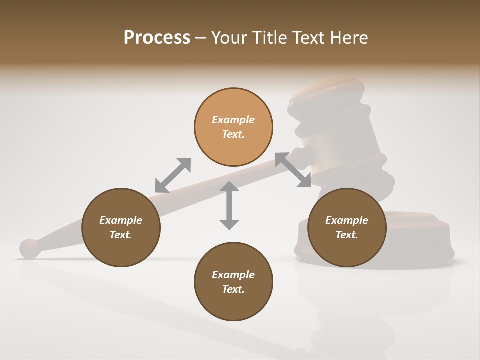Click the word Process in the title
pyautogui.click(x=157, y=38)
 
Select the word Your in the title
pyautogui.click(x=229, y=38)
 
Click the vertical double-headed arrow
pyautogui.click(x=229, y=205)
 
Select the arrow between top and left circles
pyautogui.click(x=173, y=175)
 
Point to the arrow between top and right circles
pyautogui.click(x=293, y=170)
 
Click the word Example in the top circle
pyautogui.click(x=233, y=120)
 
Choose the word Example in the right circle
pyautogui.click(x=347, y=220)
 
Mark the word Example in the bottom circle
pyautogui.click(x=233, y=275)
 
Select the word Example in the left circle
pyautogui.click(x=121, y=220)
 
